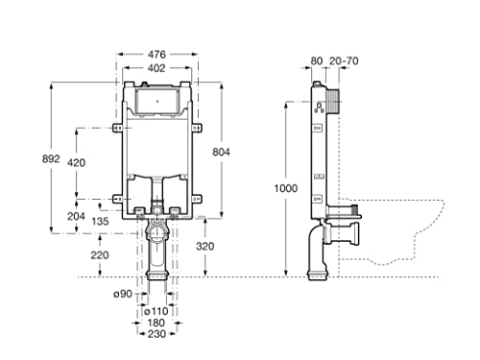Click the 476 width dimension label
pyautogui.click(x=156, y=55)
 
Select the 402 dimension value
pyautogui.click(x=156, y=68)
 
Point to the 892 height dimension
pyautogui.click(x=51, y=158)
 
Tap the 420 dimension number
pyautogui.click(x=76, y=162)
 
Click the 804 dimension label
pyautogui.click(x=221, y=152)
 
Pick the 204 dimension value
pyautogui.click(x=76, y=217)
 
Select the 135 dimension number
pyautogui.click(x=100, y=221)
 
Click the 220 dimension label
pyautogui.click(x=100, y=255)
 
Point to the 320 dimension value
pyautogui.click(x=205, y=246)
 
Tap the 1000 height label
pyautogui.click(x=286, y=188)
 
